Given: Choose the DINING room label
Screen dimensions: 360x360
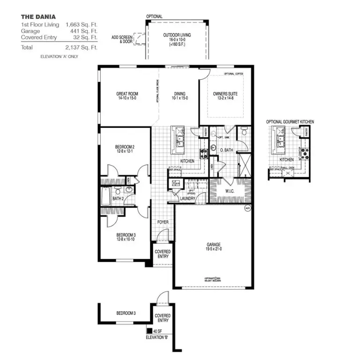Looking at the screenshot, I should [x=179, y=94].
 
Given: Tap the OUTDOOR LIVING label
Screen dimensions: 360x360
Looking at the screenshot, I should [x=177, y=35].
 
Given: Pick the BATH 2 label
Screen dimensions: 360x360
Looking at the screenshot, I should [x=118, y=199].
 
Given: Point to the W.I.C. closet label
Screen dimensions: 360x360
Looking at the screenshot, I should [x=229, y=191].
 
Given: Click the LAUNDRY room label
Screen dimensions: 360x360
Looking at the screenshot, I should [x=187, y=199].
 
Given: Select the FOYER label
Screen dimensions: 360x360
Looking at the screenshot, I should [x=163, y=222].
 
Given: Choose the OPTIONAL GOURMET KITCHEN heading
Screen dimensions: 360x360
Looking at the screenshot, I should [x=290, y=122].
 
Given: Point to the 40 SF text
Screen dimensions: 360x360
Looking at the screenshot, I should [x=157, y=331].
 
